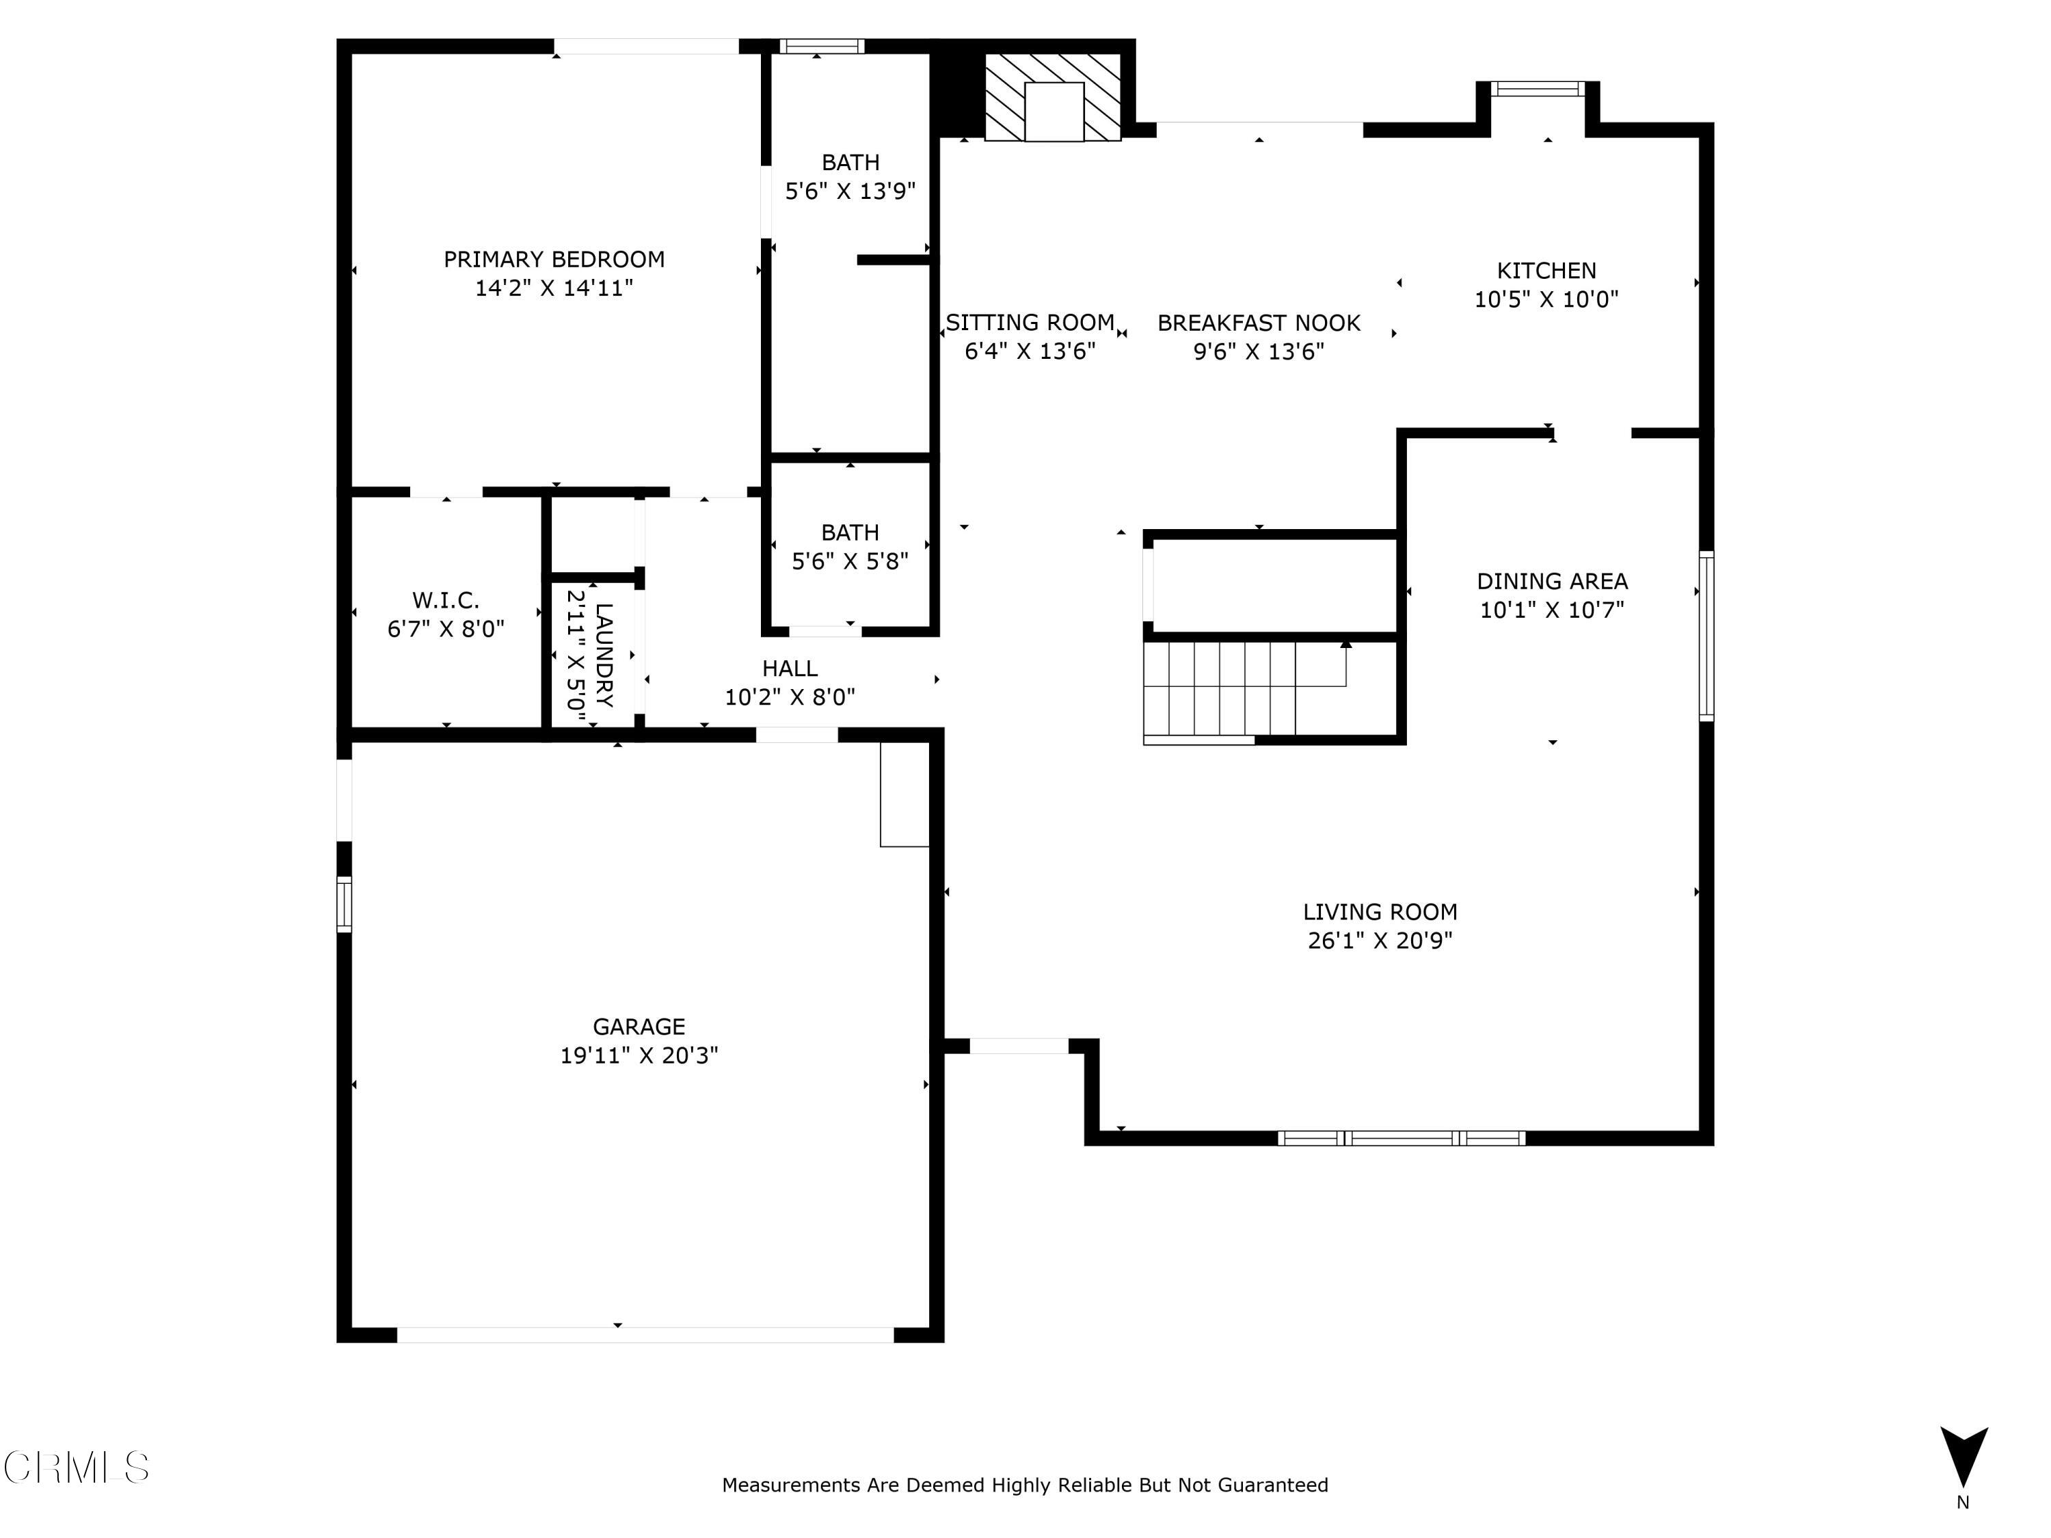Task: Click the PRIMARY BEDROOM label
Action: [x=554, y=260]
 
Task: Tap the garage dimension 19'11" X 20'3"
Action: [x=639, y=1055]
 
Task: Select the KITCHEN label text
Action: [x=1546, y=271]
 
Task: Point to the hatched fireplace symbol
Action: [x=1052, y=97]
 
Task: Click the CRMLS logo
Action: [x=76, y=1468]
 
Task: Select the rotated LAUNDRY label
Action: [x=604, y=656]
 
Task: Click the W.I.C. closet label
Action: [x=445, y=599]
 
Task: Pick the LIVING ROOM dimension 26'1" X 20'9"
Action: [x=1379, y=940]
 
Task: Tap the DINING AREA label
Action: [x=1551, y=581]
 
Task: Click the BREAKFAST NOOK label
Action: [x=1258, y=323]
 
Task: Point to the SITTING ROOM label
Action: [x=1029, y=323]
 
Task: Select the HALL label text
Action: [x=789, y=669]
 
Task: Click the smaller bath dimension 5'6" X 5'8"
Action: [x=849, y=561]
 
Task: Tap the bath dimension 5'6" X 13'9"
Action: [x=849, y=191]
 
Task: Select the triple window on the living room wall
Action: [x=1400, y=1137]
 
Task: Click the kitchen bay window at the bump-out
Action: [x=1538, y=89]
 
